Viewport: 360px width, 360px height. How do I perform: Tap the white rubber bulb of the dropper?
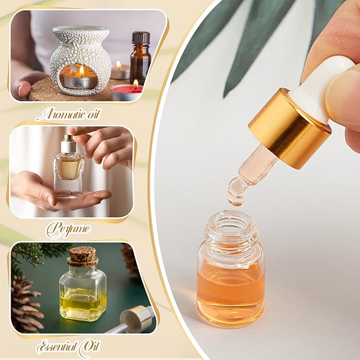(x=329, y=85)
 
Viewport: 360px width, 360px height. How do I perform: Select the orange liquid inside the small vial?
(x=230, y=294)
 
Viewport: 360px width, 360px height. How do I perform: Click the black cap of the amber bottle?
(x=141, y=38)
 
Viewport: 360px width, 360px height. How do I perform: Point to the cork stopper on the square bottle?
(x=83, y=256)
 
